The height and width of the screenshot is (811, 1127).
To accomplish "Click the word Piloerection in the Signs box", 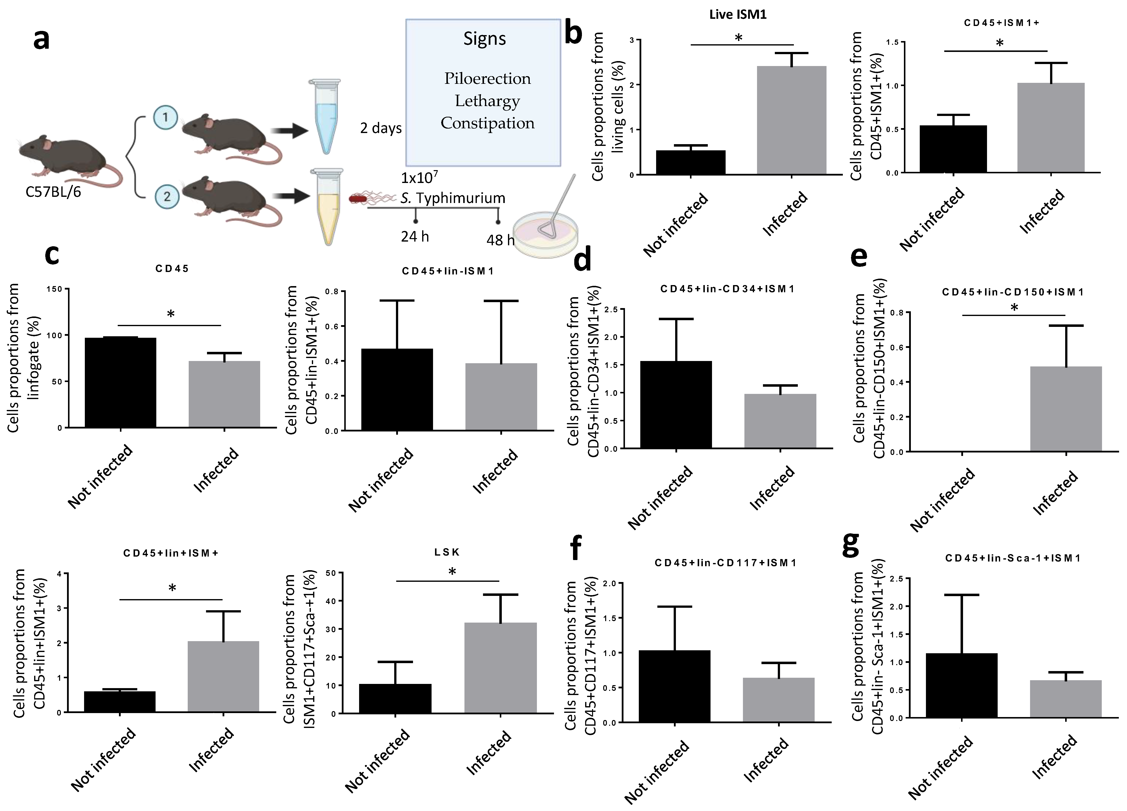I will pyautogui.click(x=487, y=79).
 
